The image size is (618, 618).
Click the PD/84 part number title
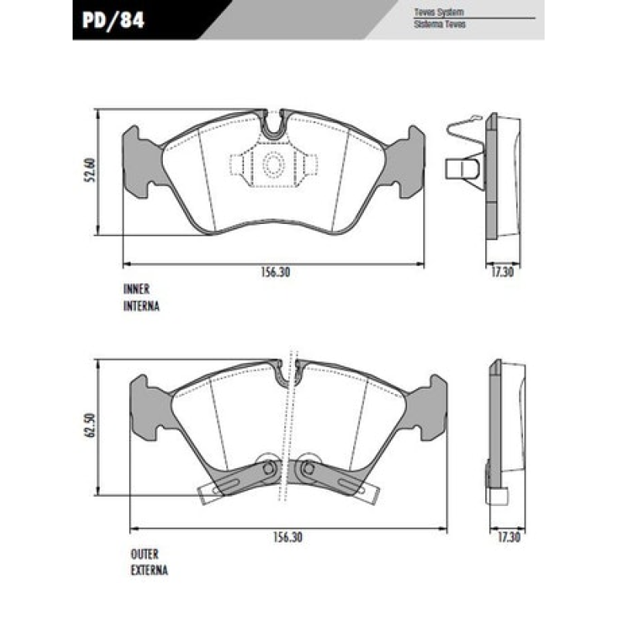pos(113,20)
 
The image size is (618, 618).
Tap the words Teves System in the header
pos(439,12)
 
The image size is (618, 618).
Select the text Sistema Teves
pos(440,25)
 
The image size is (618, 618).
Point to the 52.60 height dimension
pos(90,170)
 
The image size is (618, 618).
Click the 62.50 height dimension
pos(90,426)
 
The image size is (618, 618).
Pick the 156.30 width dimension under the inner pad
pos(275,272)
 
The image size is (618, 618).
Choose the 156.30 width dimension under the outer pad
pos(287,537)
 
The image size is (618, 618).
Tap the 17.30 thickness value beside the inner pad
pos(502,272)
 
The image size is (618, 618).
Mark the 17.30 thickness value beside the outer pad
pos(509,537)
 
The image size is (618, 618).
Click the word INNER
pos(137,289)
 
